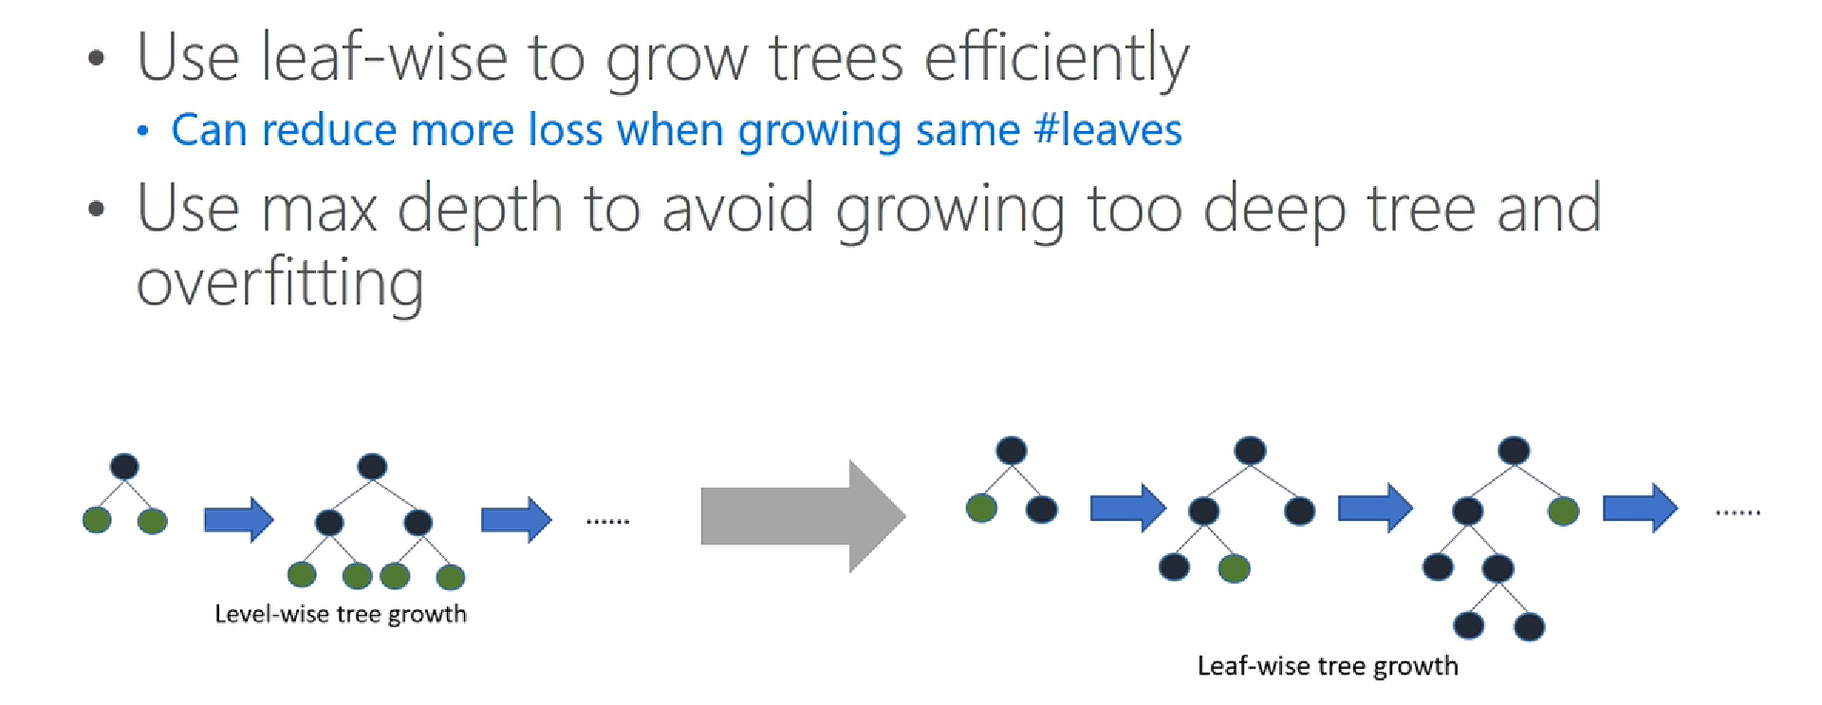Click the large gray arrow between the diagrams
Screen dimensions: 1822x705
pyautogui.click(x=803, y=516)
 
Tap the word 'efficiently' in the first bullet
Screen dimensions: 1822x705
pyautogui.click(x=1056, y=60)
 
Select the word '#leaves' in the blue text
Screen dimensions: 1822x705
pyautogui.click(x=1108, y=130)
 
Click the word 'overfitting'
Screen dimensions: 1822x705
pyautogui.click(x=280, y=283)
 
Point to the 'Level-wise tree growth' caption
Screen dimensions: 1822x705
pyautogui.click(x=341, y=614)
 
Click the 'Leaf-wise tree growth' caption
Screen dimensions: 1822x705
pyautogui.click(x=1328, y=666)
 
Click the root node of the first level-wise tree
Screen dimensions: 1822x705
pyautogui.click(x=124, y=467)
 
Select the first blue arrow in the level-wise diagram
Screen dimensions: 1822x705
pyautogui.click(x=239, y=520)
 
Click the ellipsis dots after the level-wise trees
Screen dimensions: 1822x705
pyautogui.click(x=608, y=521)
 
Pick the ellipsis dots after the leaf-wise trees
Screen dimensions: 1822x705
pyautogui.click(x=1738, y=512)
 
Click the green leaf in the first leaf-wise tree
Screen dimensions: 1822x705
pyautogui.click(x=981, y=509)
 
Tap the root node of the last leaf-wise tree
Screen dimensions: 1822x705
pyautogui.click(x=1514, y=450)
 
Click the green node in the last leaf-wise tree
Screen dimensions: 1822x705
pyautogui.click(x=1563, y=511)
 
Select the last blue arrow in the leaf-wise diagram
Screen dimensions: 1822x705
pyautogui.click(x=1640, y=508)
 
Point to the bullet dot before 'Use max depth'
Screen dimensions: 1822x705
pyautogui.click(x=96, y=209)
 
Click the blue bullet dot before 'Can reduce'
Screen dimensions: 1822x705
pyautogui.click(x=142, y=131)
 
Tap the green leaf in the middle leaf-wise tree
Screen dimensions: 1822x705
pyautogui.click(x=1234, y=568)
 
